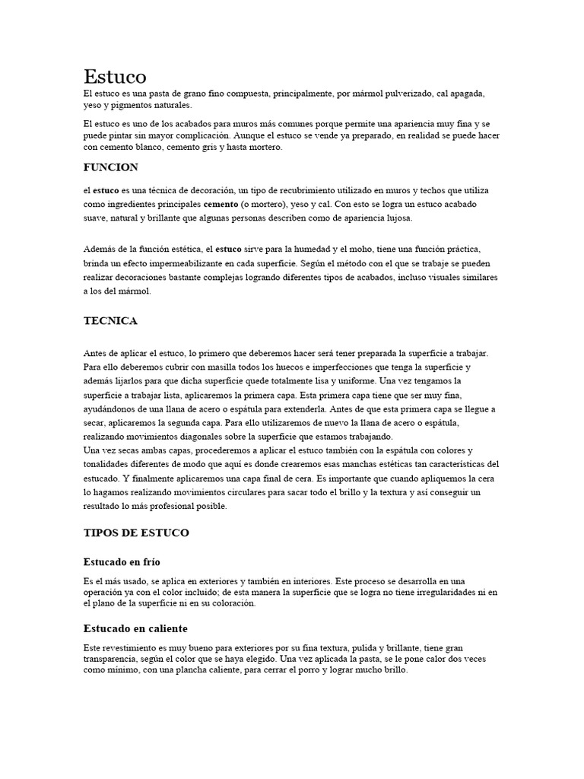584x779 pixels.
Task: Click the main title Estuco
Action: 115,76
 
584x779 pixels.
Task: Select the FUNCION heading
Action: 110,167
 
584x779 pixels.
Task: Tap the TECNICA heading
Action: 110,320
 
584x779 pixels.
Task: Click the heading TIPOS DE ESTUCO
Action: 136,533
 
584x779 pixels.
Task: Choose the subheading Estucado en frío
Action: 122,561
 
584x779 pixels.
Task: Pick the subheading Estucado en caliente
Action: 135,628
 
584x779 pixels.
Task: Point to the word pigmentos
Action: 138,105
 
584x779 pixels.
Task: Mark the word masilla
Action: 221,366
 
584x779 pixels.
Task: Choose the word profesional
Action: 182,506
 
